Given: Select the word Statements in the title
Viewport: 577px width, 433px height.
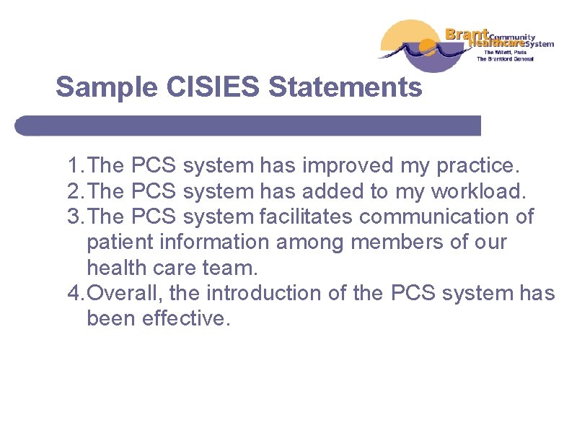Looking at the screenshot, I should tap(345, 88).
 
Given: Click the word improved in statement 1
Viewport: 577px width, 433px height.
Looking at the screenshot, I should tap(347, 166).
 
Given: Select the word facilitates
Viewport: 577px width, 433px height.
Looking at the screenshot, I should tap(306, 216).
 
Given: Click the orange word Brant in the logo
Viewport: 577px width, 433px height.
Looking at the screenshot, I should tap(467, 33).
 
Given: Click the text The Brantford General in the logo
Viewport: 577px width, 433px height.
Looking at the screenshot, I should tap(514, 59).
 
